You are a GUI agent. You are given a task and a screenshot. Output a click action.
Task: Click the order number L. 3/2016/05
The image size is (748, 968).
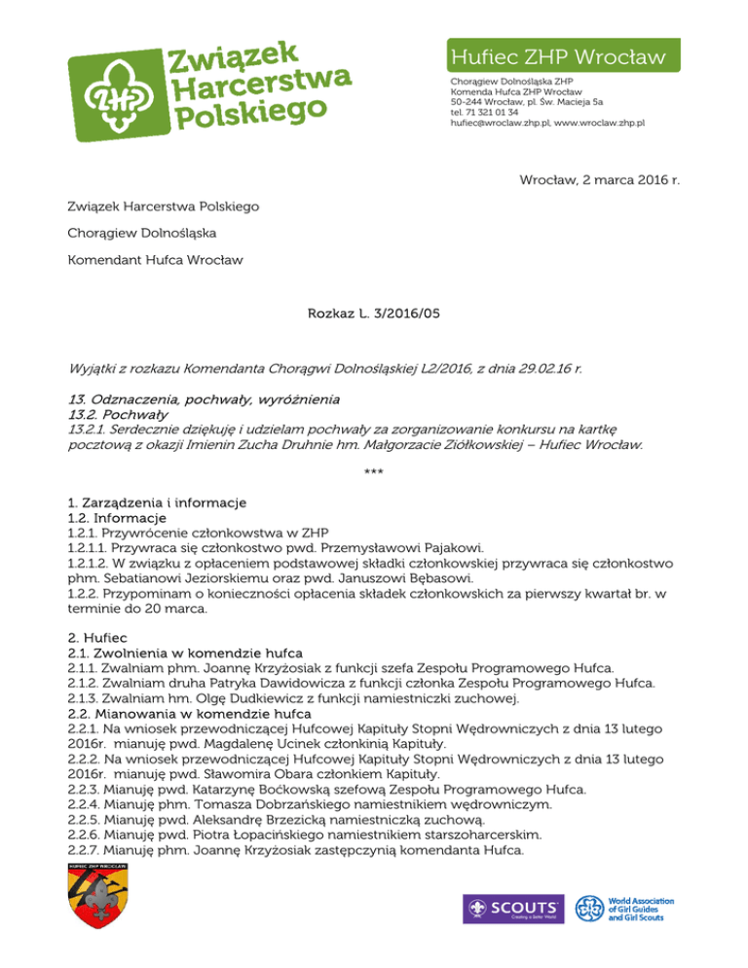coord(400,315)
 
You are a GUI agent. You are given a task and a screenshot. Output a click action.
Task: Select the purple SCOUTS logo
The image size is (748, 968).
coord(510,909)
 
